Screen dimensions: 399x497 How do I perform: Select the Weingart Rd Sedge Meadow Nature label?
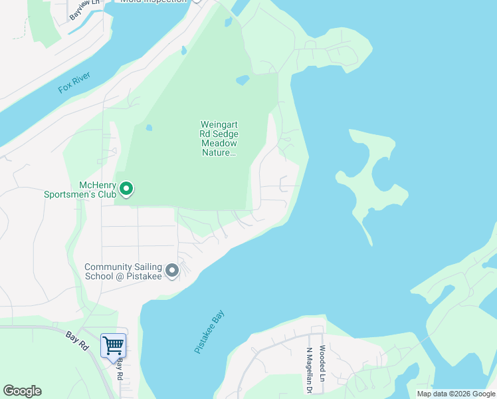[219, 138]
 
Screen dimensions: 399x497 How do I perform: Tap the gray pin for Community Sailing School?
[172, 271]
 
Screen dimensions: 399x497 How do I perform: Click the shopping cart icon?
[113, 346]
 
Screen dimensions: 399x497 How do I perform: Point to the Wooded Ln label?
[322, 363]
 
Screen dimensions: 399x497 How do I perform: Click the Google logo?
[22, 391]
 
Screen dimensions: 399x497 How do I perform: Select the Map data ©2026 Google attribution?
[456, 394]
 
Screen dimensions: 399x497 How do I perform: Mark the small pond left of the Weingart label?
[149, 128]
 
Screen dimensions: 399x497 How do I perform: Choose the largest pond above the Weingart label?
[243, 80]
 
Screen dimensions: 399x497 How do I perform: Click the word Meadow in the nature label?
[219, 143]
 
